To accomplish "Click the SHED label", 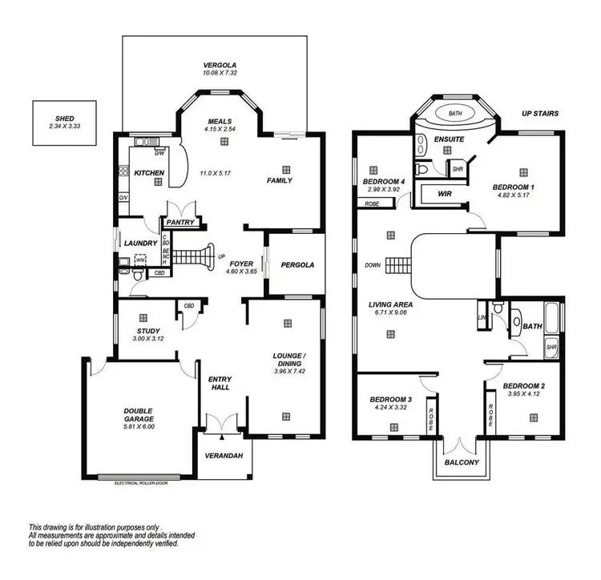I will point(66,119).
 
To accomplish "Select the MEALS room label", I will point(220,122).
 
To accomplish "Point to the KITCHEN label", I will point(149,173).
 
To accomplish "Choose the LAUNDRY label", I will point(139,243).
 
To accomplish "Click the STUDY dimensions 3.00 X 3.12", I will point(147,339).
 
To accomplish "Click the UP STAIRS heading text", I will point(539,114).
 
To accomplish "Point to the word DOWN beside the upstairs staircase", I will point(373,264).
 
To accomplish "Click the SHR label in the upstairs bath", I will point(551,347).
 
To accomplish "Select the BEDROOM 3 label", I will point(390,399).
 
